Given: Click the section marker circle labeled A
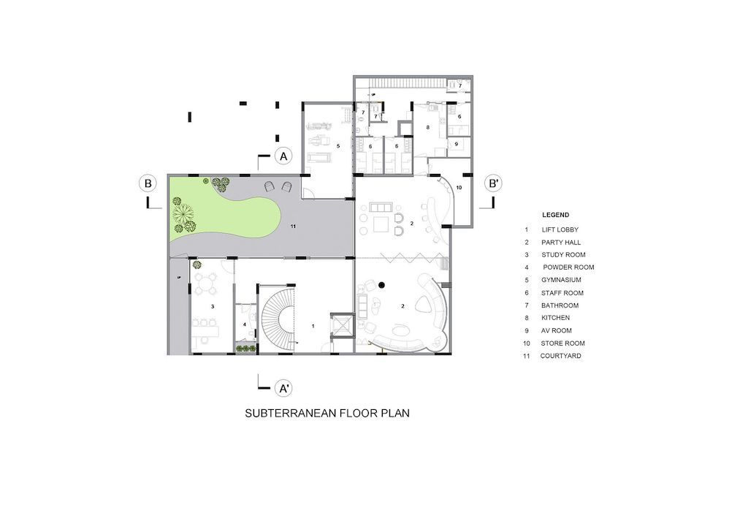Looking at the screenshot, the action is click(x=284, y=156).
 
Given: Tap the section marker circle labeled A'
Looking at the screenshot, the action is click(x=284, y=388).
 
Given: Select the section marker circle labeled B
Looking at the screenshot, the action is click(x=148, y=183).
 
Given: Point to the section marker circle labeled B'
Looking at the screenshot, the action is click(x=493, y=183).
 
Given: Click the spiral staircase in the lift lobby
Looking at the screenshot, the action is click(x=279, y=317).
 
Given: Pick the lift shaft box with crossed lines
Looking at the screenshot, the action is click(x=343, y=325).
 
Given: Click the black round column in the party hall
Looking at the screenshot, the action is click(x=381, y=285).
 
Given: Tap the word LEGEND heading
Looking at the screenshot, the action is click(x=555, y=215).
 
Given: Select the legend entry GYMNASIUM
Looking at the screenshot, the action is click(x=561, y=280).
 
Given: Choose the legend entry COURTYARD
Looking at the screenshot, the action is click(x=560, y=356).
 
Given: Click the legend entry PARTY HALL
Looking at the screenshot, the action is click(x=561, y=243).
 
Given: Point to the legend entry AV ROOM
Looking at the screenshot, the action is click(x=556, y=330).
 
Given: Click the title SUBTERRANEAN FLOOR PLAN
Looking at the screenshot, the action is click(x=327, y=413).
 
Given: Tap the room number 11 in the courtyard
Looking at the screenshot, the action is click(x=293, y=226).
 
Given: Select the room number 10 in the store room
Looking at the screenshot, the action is click(x=459, y=188).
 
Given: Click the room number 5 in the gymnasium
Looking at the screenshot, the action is click(x=338, y=146).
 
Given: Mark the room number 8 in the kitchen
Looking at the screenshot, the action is click(x=428, y=127).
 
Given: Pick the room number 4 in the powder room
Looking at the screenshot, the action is click(x=245, y=325).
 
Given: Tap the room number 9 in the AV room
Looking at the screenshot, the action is click(x=456, y=144).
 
